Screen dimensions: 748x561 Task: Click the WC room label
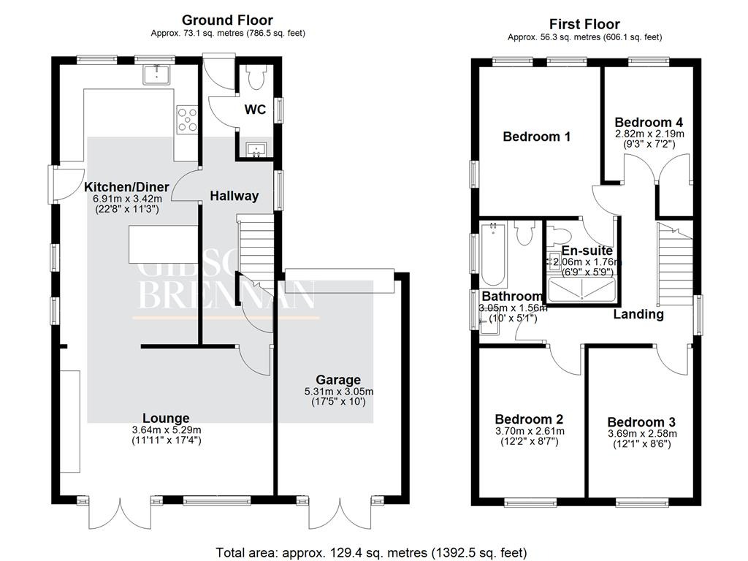pyautogui.click(x=255, y=110)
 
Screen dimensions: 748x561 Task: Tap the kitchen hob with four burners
pyautogui.click(x=187, y=119)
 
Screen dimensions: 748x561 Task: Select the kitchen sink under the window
pyautogui.click(x=157, y=74)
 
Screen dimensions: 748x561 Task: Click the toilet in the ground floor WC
pyautogui.click(x=256, y=77)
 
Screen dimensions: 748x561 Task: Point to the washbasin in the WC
pyautogui.click(x=256, y=149)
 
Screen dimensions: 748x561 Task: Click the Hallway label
pyautogui.click(x=234, y=196)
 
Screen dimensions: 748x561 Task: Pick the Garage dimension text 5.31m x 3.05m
pyautogui.click(x=339, y=392)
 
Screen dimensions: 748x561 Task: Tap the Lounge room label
pyautogui.click(x=166, y=418)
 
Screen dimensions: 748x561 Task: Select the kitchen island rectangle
pyautogui.click(x=163, y=244)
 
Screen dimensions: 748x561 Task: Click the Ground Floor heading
pyautogui.click(x=228, y=20)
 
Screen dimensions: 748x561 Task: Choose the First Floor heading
pyautogui.click(x=584, y=24)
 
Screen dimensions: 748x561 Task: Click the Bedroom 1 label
pyautogui.click(x=537, y=137)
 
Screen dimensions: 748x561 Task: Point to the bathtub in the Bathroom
pyautogui.click(x=495, y=254)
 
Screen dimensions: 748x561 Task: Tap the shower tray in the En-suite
pyautogui.click(x=581, y=290)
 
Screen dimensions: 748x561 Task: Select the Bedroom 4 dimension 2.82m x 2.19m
pyautogui.click(x=649, y=134)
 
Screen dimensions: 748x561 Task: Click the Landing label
pyautogui.click(x=638, y=314)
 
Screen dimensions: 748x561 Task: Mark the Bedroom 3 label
pyautogui.click(x=641, y=422)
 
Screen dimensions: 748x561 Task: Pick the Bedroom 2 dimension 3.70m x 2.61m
pyautogui.click(x=530, y=431)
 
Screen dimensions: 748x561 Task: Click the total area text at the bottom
pyautogui.click(x=371, y=553)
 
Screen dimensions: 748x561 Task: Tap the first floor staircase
pyautogui.click(x=675, y=264)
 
